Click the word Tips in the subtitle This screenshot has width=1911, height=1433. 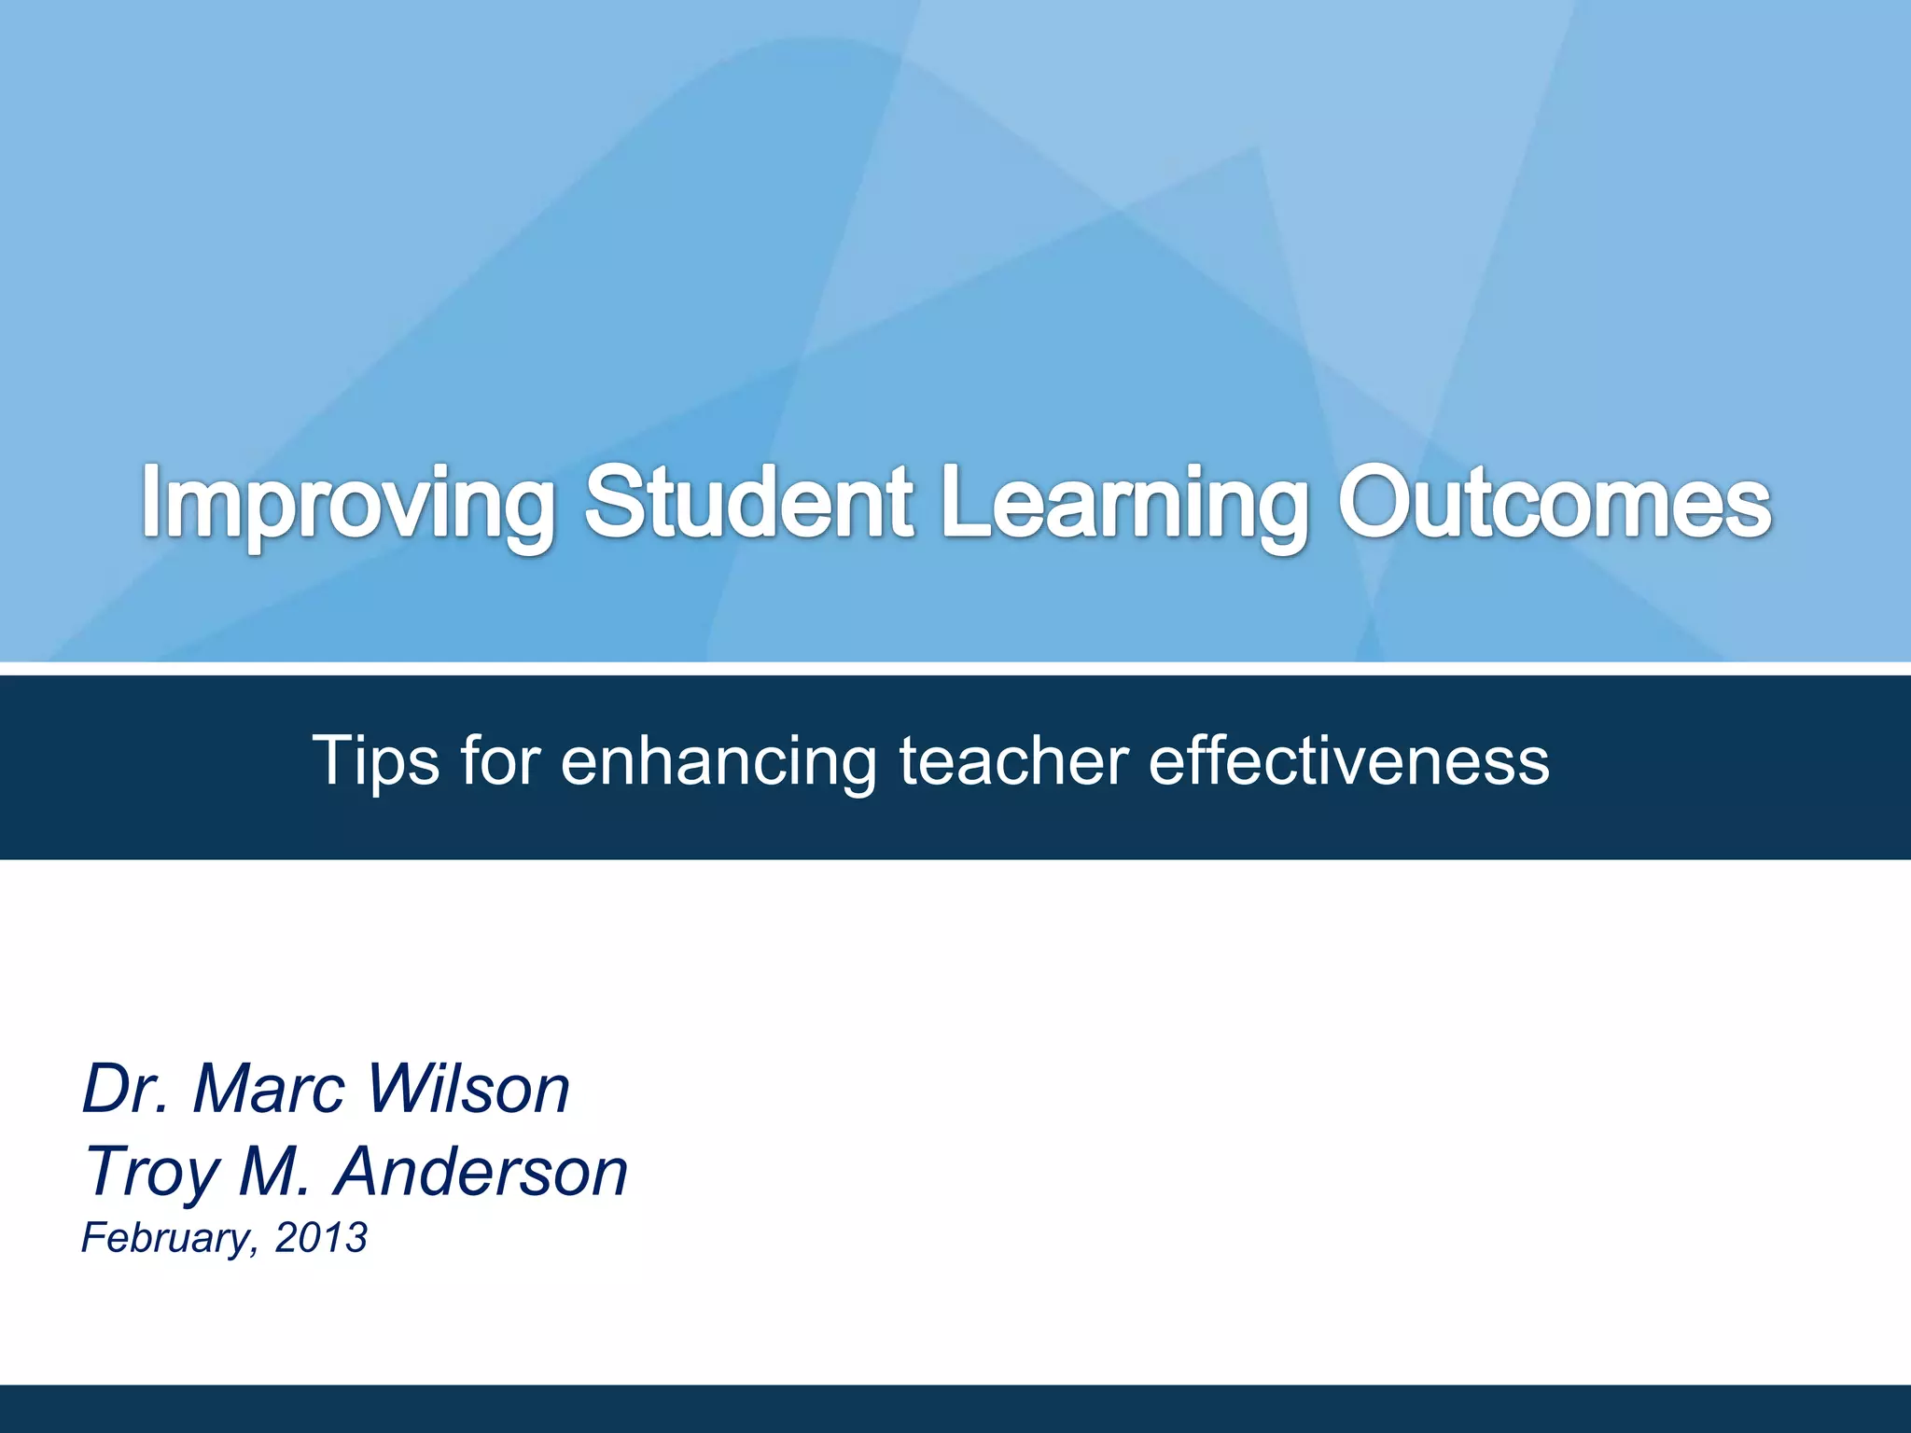(x=375, y=761)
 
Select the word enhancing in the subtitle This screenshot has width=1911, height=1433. (x=718, y=761)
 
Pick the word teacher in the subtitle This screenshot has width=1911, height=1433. (x=1013, y=759)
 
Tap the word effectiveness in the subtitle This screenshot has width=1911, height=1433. (x=1348, y=759)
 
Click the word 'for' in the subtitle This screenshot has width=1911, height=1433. (x=500, y=759)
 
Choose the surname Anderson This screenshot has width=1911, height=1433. (x=481, y=1171)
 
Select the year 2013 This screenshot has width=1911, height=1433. (x=321, y=1237)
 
